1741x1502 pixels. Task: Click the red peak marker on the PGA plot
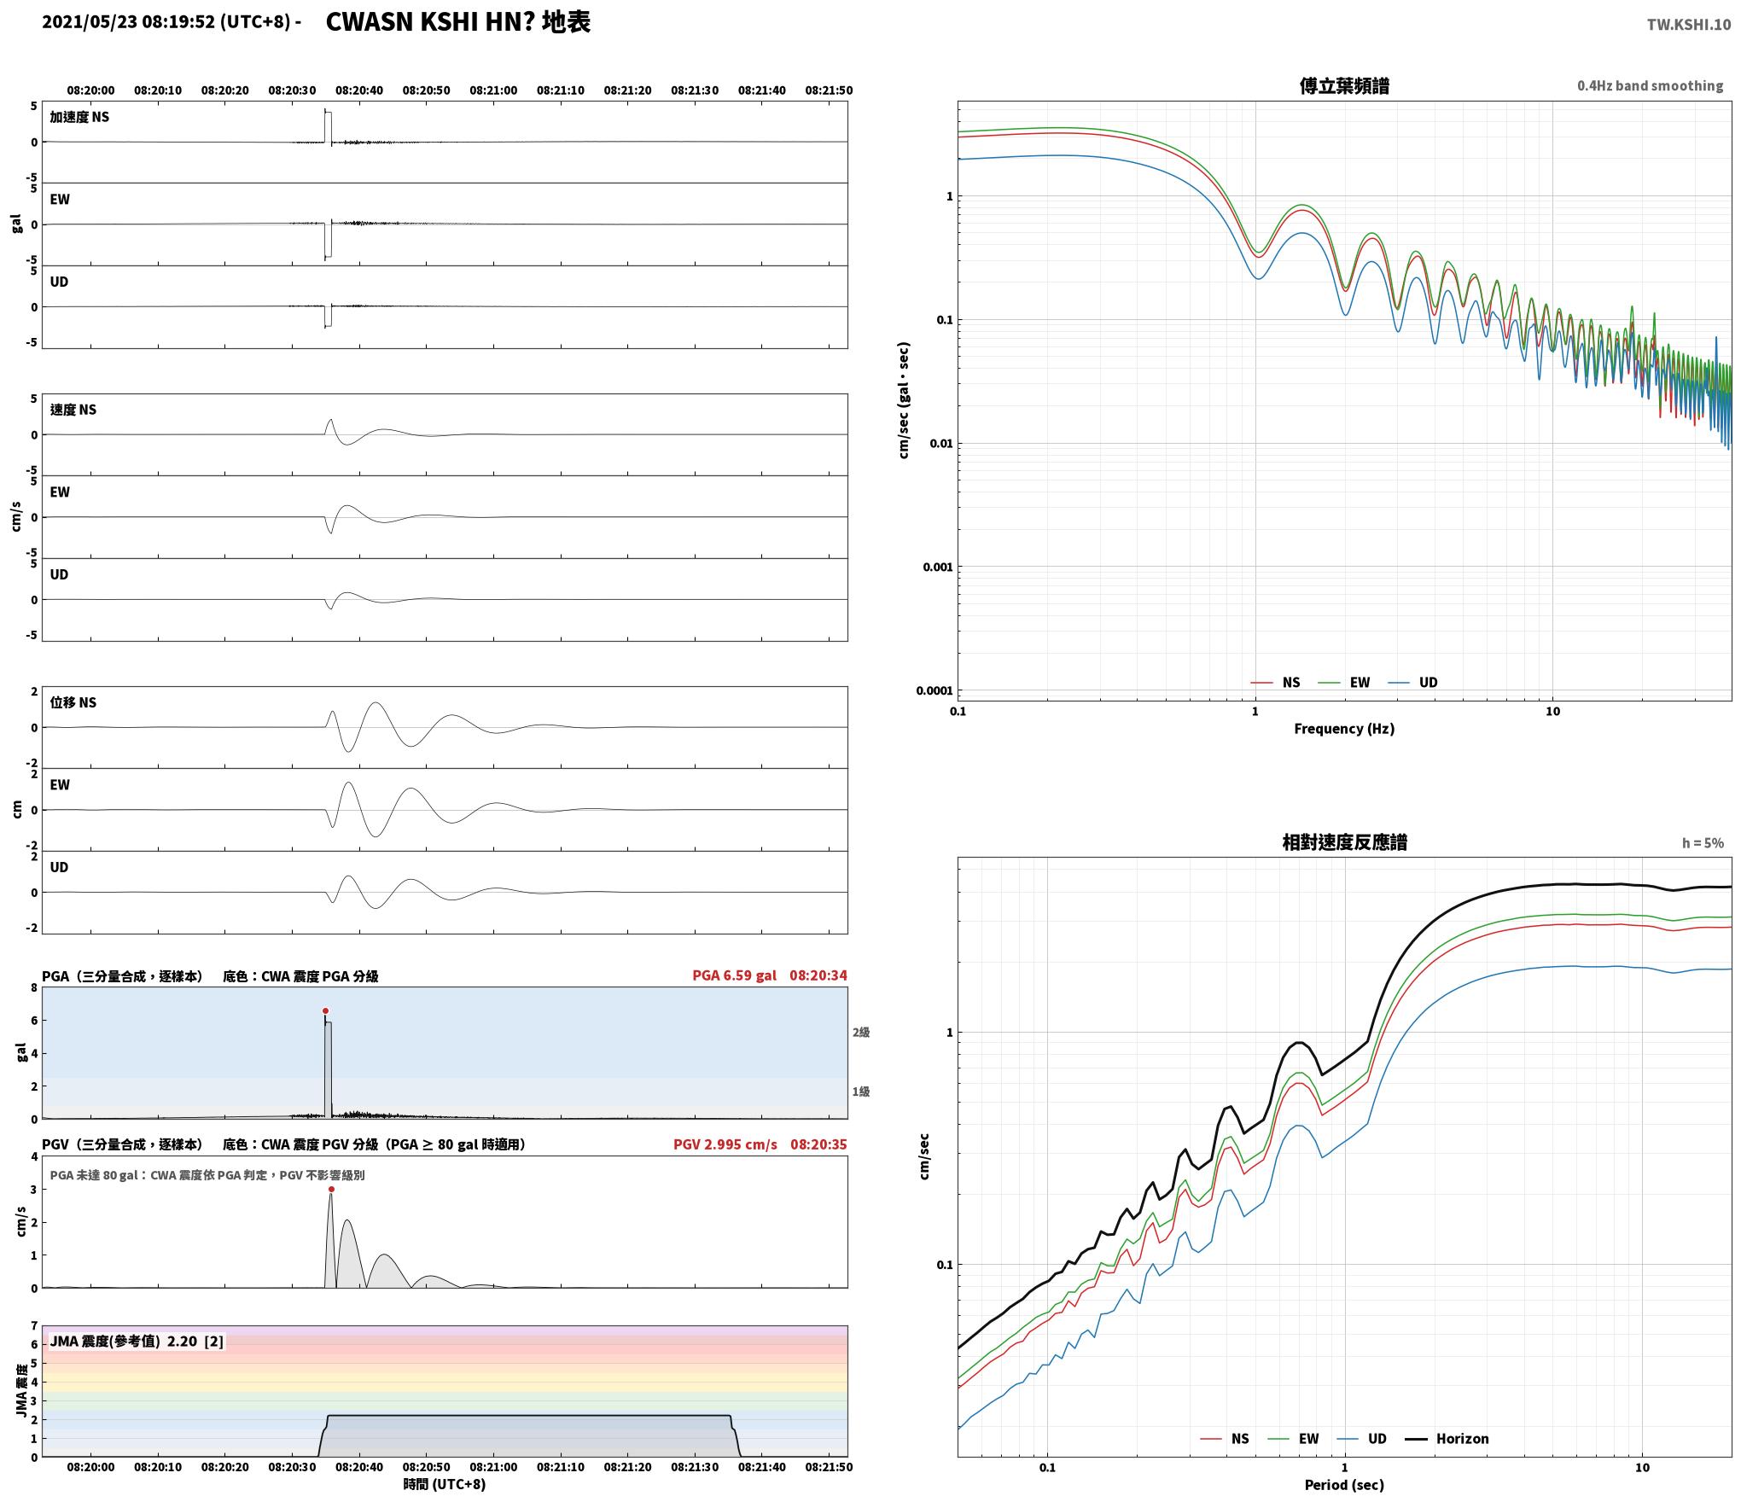(325, 1010)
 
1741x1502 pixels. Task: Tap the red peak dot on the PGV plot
(331, 1189)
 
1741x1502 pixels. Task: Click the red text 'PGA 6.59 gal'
(734, 975)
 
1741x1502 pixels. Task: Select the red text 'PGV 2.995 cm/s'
(725, 1144)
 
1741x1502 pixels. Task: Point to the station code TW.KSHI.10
(1689, 25)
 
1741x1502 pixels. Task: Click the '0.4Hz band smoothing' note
(1650, 85)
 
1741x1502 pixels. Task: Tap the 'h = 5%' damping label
(1703, 843)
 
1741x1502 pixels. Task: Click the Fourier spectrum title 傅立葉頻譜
(1344, 85)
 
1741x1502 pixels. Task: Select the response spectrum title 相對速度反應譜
(1344, 842)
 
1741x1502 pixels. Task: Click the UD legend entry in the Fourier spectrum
(1413, 682)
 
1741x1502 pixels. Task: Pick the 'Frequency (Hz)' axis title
(1344, 728)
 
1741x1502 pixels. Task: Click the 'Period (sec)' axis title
(1344, 1485)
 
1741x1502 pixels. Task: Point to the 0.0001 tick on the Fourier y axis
(934, 690)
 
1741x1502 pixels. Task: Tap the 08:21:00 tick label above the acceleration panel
(493, 90)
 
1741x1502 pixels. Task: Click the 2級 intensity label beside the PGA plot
(861, 1033)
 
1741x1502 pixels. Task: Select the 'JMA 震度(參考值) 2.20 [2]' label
(137, 1342)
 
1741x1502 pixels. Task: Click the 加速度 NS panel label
(79, 117)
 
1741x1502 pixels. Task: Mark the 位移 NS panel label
(73, 702)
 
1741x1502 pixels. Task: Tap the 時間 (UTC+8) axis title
(445, 1484)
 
